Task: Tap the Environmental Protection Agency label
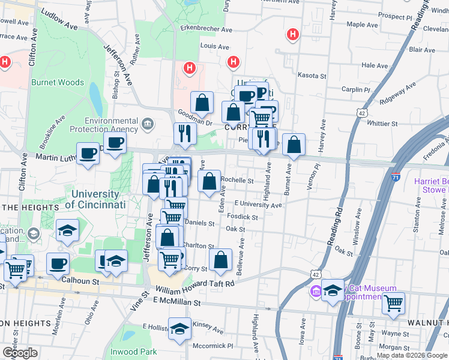click(103, 124)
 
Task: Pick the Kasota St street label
click(312, 76)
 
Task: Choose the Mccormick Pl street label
click(213, 346)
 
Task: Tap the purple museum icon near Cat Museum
click(315, 292)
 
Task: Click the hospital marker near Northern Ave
click(293, 35)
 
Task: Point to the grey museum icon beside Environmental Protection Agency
click(147, 125)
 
